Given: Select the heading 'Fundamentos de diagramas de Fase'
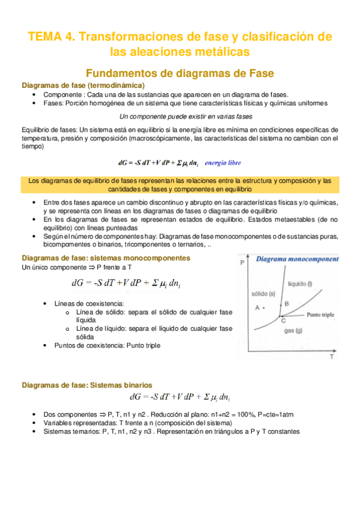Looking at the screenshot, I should tap(180, 73).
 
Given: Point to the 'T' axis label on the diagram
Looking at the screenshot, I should tap(331, 357).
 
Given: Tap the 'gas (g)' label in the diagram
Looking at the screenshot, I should tap(293, 331).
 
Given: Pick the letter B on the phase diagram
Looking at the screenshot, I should tap(287, 304).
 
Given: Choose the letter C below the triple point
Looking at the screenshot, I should tap(283, 322).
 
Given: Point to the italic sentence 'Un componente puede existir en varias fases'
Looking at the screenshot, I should tap(186, 116).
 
